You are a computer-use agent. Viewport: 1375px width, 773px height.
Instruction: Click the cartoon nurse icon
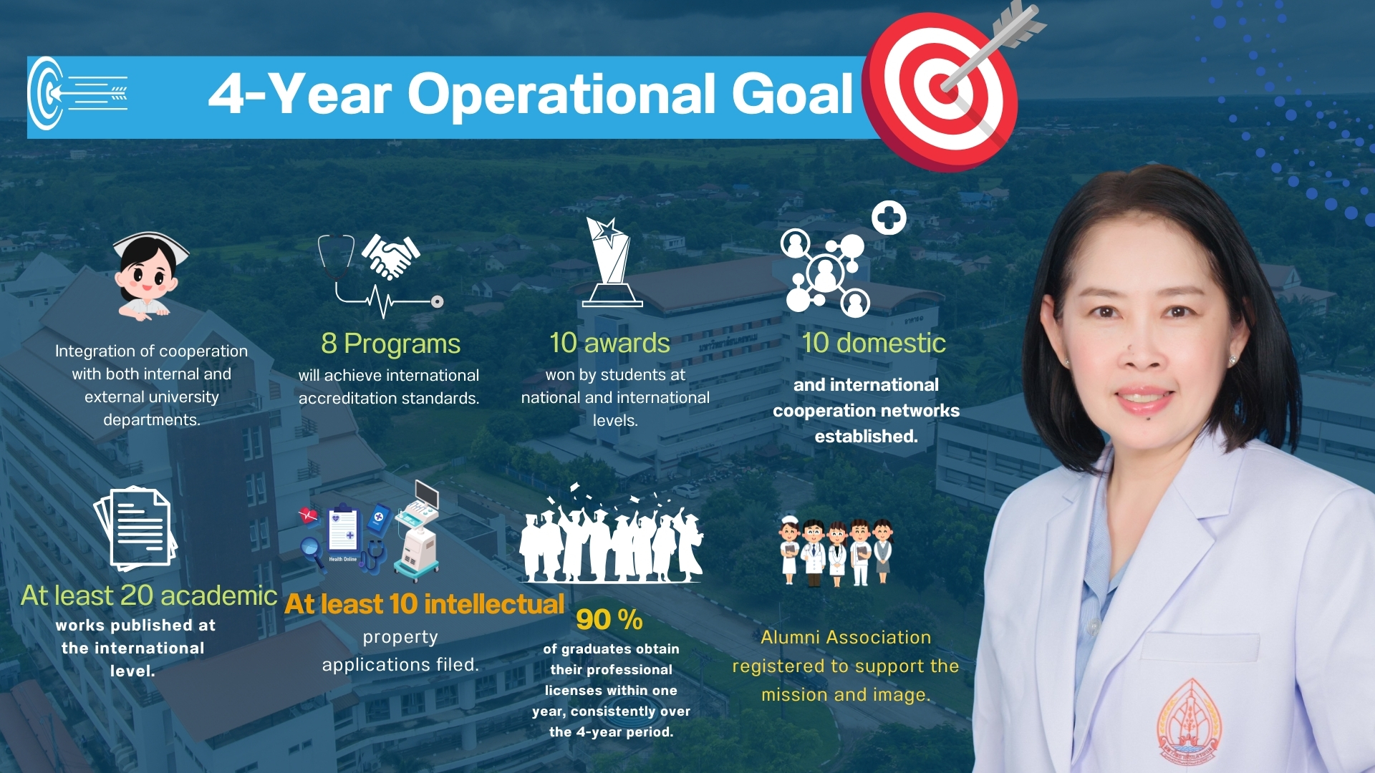click(x=150, y=276)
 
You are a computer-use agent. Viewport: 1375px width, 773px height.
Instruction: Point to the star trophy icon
click(x=612, y=262)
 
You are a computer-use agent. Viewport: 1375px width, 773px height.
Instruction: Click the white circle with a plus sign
click(x=889, y=218)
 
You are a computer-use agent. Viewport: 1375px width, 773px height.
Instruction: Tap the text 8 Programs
click(x=390, y=344)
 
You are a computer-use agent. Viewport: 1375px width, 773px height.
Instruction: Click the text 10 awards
click(x=609, y=344)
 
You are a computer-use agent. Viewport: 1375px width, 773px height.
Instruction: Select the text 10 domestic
click(x=874, y=344)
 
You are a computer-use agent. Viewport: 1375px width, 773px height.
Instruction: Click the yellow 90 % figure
click(x=609, y=620)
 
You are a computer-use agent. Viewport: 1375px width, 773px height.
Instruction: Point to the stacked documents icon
click(x=135, y=528)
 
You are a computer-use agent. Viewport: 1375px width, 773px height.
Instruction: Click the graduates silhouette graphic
click(x=611, y=534)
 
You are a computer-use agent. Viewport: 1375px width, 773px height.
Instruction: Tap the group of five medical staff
click(x=836, y=550)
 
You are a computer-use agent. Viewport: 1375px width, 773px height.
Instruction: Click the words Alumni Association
click(x=846, y=638)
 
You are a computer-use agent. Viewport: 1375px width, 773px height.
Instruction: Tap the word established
click(x=866, y=437)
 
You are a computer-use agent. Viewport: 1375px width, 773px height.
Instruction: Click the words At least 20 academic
click(x=149, y=595)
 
